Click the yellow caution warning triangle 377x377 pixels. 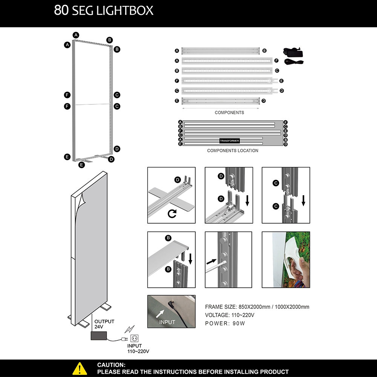pos(80,368)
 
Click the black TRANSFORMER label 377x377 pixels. pos(229,141)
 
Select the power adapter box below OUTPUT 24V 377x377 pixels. pos(99,336)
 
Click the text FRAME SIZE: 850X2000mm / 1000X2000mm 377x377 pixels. pos(257,307)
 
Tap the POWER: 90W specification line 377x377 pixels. pos(225,323)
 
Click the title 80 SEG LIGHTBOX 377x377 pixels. pos(104,11)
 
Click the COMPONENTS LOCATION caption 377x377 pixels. pos(233,151)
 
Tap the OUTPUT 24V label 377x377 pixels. pos(104,324)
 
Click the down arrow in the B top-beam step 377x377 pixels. pos(190,259)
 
